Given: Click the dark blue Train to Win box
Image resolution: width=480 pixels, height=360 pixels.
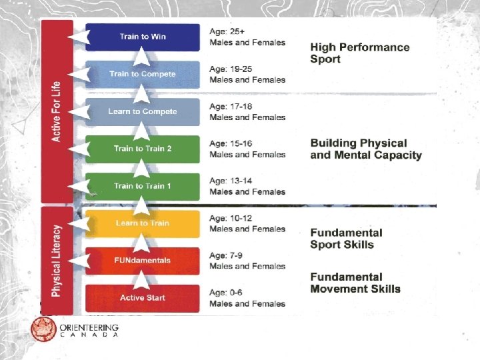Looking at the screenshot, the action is click(143, 37).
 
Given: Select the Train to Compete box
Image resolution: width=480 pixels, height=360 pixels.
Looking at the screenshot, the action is click(143, 74).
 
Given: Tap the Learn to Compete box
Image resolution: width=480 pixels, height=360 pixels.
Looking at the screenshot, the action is click(143, 111).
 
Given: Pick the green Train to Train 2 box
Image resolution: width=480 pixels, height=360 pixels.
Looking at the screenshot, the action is click(143, 149).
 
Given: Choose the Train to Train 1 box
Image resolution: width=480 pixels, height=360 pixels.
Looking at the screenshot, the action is click(143, 186).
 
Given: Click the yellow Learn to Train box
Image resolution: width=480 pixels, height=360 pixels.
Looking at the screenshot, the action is click(143, 223).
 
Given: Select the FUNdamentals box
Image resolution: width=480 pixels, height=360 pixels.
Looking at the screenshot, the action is click(143, 261).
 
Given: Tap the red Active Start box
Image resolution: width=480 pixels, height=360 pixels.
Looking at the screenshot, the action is click(143, 298).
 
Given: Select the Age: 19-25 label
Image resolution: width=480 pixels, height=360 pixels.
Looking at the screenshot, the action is click(229, 68).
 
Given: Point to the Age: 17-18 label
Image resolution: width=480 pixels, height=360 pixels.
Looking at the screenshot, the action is click(229, 106).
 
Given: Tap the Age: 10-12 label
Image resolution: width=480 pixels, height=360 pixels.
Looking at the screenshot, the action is click(229, 218).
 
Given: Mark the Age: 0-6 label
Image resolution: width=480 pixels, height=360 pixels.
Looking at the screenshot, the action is click(226, 292).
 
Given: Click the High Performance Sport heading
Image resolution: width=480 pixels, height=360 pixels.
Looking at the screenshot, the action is click(359, 53).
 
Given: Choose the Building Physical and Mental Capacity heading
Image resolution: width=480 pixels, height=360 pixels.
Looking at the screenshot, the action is click(365, 149).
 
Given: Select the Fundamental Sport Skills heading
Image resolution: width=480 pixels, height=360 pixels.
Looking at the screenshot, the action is click(346, 239).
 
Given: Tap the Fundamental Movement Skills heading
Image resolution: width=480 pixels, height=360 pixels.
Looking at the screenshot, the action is click(355, 283).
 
